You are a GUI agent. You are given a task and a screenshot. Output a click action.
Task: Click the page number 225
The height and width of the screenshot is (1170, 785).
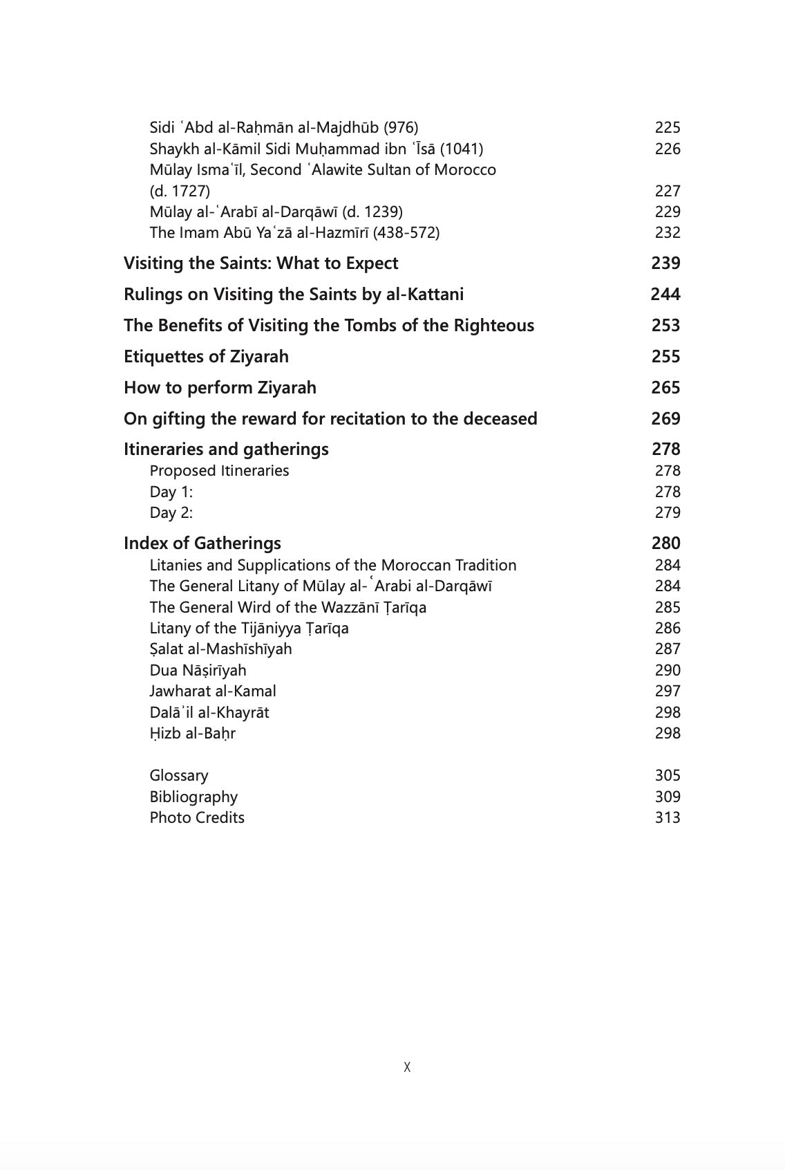(667, 127)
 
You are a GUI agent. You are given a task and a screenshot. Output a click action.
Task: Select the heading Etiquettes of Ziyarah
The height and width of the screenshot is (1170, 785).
(206, 357)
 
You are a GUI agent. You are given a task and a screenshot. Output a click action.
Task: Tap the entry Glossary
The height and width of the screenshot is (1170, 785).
(178, 776)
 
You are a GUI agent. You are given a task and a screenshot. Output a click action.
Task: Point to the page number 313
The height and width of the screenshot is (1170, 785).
(667, 818)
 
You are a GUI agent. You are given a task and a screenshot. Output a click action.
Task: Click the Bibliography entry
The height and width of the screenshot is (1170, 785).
(193, 797)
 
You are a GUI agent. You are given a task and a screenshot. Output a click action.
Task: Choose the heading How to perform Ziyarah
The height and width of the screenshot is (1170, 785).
(220, 388)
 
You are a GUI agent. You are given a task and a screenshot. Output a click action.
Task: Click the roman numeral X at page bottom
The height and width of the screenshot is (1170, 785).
(407, 1067)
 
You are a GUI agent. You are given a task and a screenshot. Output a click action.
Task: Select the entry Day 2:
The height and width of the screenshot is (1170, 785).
(171, 513)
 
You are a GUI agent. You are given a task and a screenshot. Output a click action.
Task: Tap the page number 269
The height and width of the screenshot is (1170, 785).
(665, 419)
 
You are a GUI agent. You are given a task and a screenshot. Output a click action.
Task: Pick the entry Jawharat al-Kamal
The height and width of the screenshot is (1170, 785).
(213, 691)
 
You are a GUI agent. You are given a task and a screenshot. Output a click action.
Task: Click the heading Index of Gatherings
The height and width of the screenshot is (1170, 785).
(202, 544)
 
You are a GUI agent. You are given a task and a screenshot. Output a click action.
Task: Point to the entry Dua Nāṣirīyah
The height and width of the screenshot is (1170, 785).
(198, 671)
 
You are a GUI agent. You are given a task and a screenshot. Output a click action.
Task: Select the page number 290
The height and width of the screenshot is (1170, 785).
(667, 671)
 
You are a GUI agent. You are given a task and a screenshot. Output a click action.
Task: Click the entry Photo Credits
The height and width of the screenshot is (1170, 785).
(197, 818)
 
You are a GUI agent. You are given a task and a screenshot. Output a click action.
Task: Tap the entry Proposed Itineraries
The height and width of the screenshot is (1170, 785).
(219, 471)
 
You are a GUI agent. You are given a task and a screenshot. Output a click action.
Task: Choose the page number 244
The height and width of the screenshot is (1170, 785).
(665, 295)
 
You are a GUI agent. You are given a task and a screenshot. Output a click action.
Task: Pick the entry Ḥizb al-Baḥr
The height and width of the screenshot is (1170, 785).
(192, 734)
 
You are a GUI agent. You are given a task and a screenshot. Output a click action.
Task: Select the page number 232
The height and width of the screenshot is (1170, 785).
(667, 233)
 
